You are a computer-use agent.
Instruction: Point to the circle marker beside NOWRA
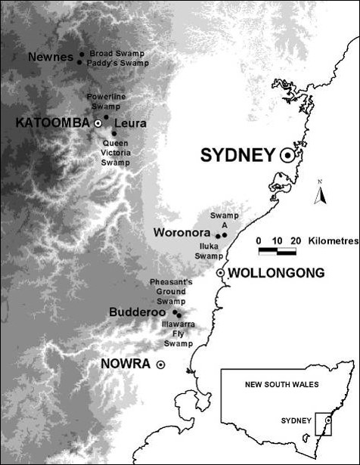pyautogui.click(x=160, y=364)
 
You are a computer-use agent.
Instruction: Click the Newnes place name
pyautogui.click(x=51, y=57)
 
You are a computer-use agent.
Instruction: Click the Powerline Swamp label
pyautogui.click(x=109, y=102)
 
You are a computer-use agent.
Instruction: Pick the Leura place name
pyautogui.click(x=131, y=122)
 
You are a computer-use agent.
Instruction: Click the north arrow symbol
pyautogui.click(x=321, y=196)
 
